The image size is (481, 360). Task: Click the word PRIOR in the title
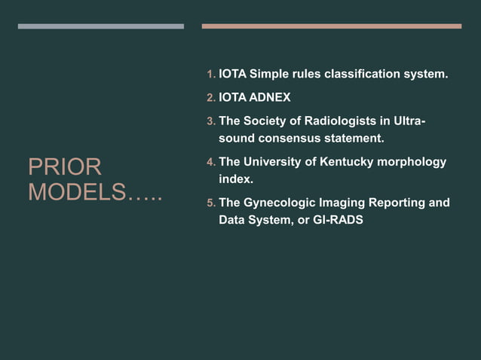[65, 167]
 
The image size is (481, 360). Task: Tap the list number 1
[210, 75]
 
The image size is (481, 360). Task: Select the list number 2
[210, 98]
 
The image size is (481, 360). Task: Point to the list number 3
[210, 121]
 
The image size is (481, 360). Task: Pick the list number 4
[210, 163]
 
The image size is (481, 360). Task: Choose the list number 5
[210, 203]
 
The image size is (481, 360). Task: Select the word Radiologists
[342, 121]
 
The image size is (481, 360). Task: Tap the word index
[235, 180]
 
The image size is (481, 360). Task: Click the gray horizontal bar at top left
[100, 26]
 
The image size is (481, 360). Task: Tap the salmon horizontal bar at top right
[331, 26]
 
